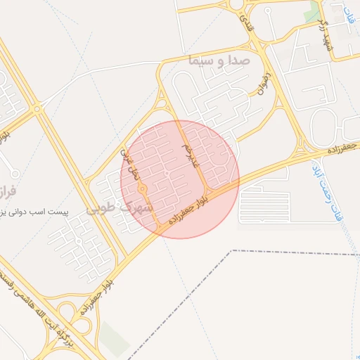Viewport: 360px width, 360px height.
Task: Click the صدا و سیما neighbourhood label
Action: pyautogui.click(x=219, y=61)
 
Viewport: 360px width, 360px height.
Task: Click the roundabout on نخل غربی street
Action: pyautogui.click(x=142, y=188)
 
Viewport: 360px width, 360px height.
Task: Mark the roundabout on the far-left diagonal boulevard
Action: pyautogui.click(x=37, y=108)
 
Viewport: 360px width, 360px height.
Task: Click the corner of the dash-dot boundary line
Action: pyautogui.click(x=232, y=250)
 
